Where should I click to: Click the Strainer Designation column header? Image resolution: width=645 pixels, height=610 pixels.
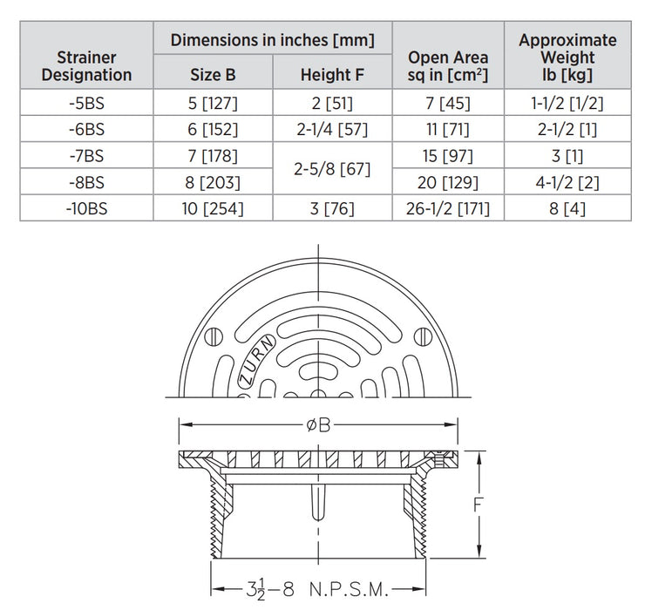[x=86, y=66]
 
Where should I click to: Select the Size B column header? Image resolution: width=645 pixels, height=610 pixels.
[x=213, y=75]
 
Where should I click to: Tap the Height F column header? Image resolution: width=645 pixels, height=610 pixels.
[x=332, y=75]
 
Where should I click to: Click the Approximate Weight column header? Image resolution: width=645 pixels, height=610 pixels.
[x=567, y=58]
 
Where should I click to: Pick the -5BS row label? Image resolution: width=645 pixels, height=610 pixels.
[x=86, y=103]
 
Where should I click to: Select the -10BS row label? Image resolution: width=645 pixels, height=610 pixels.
[x=86, y=209]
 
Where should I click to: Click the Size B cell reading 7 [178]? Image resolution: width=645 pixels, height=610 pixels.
[x=213, y=156]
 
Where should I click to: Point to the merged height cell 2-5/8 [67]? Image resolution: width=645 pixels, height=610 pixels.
[x=332, y=169]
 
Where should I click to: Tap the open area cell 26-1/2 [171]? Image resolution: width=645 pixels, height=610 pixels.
[x=448, y=209]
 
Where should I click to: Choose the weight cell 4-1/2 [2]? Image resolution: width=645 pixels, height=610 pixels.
[x=567, y=183]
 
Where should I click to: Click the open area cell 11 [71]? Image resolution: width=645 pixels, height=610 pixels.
[x=448, y=130]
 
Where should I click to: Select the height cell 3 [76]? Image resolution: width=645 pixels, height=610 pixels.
[x=332, y=209]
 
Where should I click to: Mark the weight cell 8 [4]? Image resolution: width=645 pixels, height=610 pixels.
[x=567, y=209]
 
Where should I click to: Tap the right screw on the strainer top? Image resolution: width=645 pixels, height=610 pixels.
[x=422, y=336]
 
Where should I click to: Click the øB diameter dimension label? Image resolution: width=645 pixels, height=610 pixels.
[x=316, y=425]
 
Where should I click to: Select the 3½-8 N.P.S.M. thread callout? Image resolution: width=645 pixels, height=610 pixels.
[x=317, y=588]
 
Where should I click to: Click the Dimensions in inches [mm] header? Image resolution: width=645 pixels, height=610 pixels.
[x=272, y=39]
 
